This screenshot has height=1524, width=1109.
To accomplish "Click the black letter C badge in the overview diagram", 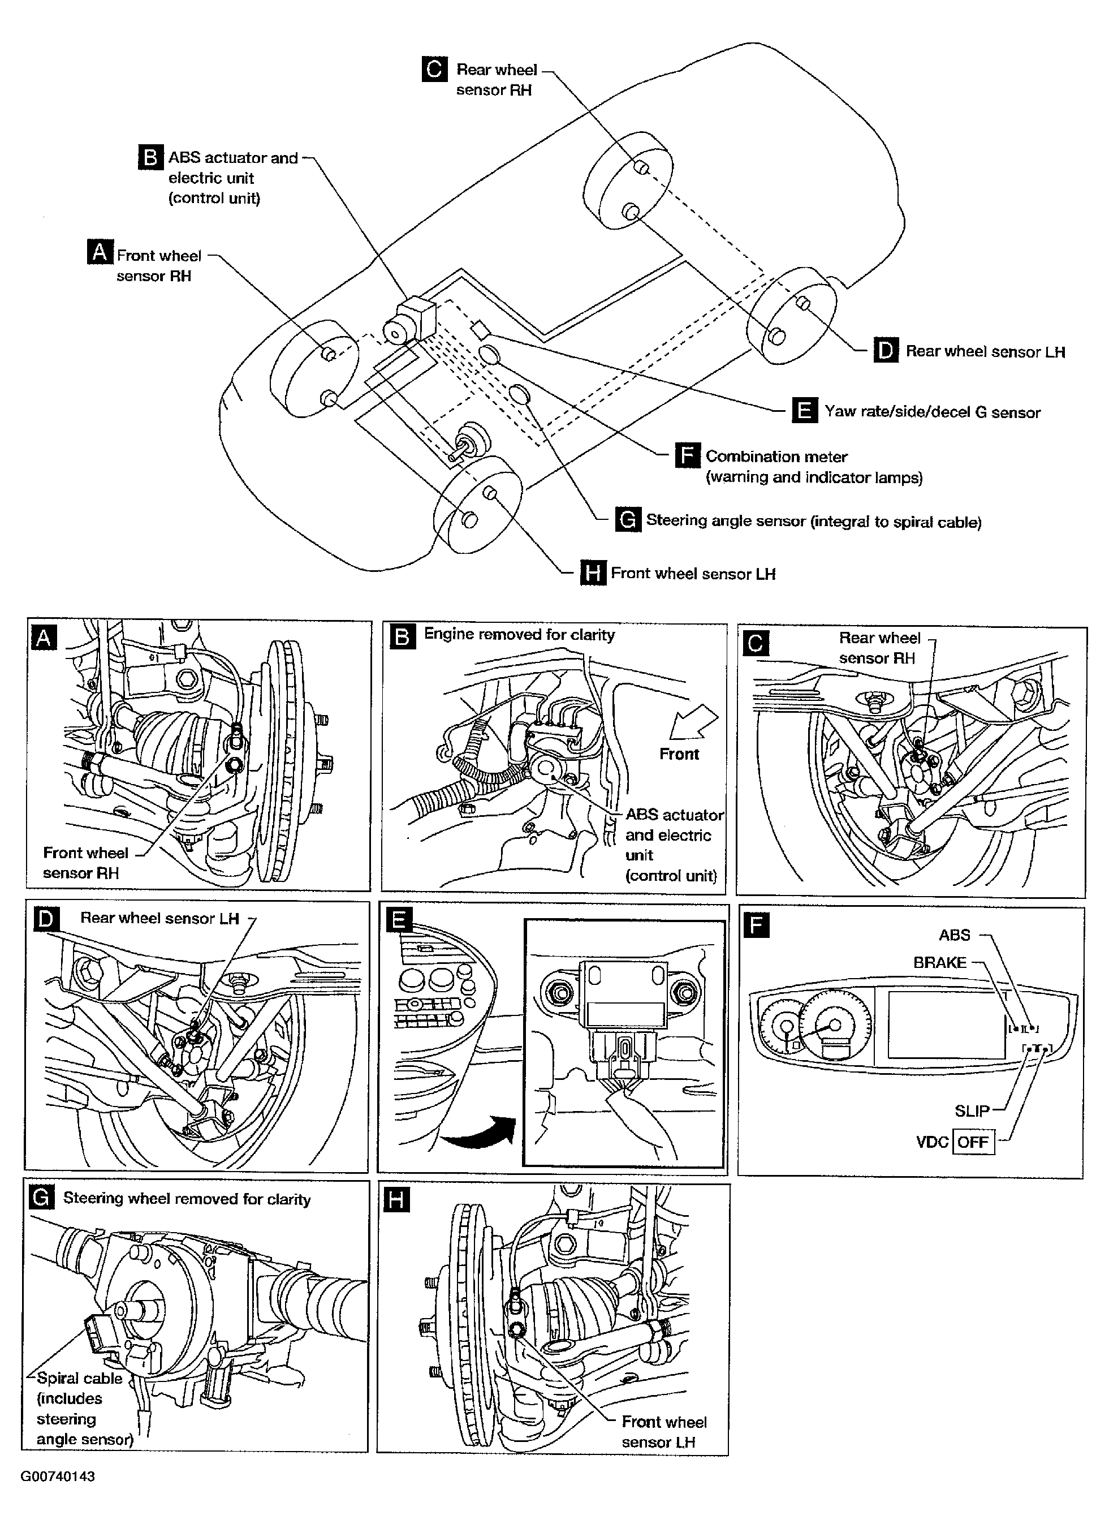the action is (434, 69).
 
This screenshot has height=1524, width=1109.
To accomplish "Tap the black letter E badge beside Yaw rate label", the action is (805, 410).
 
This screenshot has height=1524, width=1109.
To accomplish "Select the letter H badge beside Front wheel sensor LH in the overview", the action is (593, 573).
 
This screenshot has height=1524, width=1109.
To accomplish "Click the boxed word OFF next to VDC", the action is (973, 1142).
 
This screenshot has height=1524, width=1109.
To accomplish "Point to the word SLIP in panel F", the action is (972, 1110).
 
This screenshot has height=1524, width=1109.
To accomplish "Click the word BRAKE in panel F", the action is (940, 962).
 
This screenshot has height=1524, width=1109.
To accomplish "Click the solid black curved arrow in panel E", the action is (478, 1132).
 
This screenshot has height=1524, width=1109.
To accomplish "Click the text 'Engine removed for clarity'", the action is (519, 634).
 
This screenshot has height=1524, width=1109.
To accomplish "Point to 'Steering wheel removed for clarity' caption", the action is (187, 1199).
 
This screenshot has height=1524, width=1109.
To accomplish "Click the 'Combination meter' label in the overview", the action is (776, 457).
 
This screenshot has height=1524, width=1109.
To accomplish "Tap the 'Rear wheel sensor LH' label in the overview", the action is (985, 351).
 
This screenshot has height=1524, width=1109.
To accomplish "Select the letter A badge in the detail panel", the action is (44, 637).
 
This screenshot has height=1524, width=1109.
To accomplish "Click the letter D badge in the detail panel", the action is (46, 918).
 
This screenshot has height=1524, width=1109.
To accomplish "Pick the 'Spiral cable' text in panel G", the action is (80, 1378).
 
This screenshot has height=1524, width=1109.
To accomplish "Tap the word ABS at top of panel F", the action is (955, 935).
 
